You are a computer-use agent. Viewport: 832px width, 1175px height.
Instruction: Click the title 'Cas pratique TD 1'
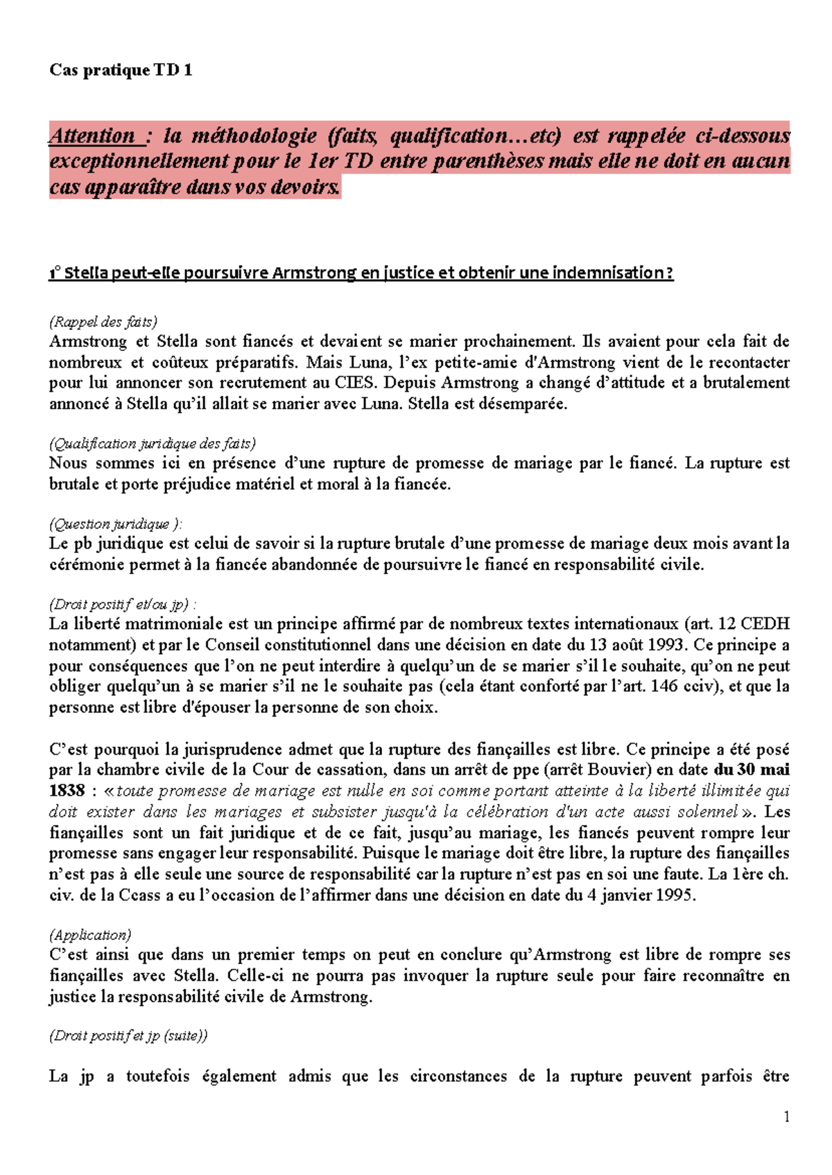click(121, 70)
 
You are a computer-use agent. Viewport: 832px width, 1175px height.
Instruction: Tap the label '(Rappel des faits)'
click(103, 322)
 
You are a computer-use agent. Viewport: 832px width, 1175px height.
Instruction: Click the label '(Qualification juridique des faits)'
click(153, 443)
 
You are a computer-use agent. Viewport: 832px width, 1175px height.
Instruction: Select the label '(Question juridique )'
click(115, 524)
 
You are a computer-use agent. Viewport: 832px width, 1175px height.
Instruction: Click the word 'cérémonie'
click(85, 565)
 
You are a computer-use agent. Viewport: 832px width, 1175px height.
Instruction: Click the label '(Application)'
click(90, 935)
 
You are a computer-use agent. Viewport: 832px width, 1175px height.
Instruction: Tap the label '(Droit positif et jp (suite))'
click(128, 1036)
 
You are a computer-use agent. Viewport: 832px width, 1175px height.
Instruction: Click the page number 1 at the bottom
click(786, 1117)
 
